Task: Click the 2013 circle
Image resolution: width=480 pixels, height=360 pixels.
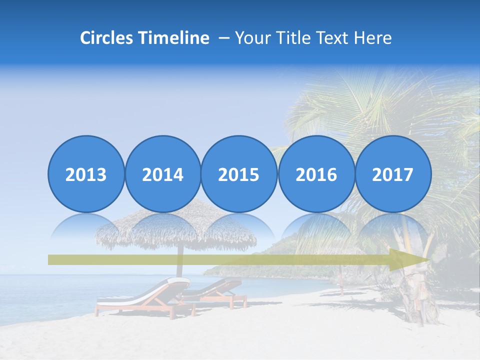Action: [86, 174]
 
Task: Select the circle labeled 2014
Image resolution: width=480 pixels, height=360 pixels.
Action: [162, 174]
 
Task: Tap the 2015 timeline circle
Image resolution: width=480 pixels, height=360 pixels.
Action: [239, 174]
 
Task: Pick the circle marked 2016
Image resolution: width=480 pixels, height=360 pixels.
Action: [316, 174]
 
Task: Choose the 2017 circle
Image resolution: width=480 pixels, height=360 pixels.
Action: [392, 174]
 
